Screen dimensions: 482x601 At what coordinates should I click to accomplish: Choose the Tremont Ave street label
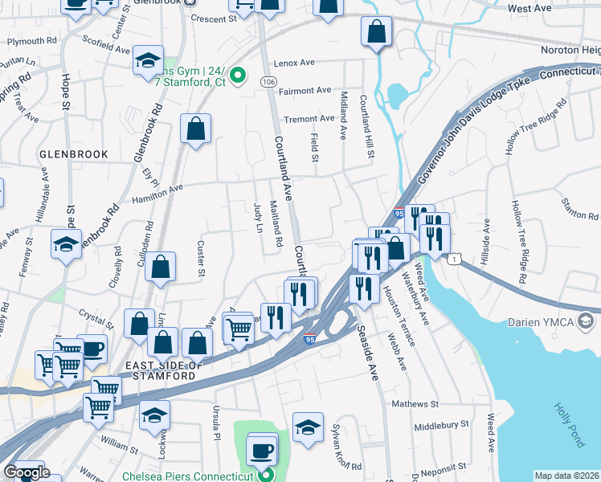pos(309,118)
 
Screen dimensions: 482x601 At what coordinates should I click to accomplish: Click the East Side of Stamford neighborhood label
pos(161,370)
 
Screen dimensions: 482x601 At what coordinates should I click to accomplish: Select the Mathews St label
pos(415,403)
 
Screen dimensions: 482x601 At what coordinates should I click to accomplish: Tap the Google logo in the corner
pos(26,472)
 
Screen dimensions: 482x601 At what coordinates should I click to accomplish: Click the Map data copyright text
pos(567,476)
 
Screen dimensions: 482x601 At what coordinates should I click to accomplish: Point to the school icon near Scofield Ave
pos(148,62)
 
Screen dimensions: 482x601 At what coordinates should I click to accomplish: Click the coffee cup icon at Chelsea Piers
pos(262,449)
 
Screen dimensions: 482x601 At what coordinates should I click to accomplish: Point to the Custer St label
pos(202,259)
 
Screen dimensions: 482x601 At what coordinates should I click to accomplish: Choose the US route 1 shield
pos(456,259)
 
